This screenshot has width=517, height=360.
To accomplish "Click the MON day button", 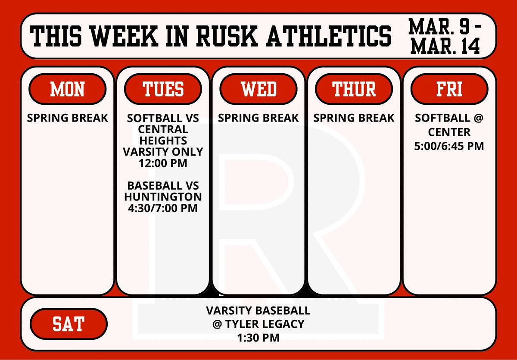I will [x=67, y=89].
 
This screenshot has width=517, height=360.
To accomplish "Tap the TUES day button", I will [x=163, y=89].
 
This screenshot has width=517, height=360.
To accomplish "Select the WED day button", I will [x=258, y=89].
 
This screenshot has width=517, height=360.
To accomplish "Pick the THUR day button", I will [x=354, y=89].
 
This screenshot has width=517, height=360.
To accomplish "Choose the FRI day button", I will [x=449, y=89].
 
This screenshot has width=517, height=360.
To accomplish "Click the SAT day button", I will [x=69, y=324].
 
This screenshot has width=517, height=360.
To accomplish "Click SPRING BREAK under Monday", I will [x=67, y=118].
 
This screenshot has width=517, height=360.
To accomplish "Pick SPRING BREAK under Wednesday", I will [x=258, y=118].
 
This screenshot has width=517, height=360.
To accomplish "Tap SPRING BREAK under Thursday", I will [x=354, y=118].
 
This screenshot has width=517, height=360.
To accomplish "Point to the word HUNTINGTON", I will [x=163, y=197].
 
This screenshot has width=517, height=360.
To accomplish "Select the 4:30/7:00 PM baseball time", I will [x=163, y=208].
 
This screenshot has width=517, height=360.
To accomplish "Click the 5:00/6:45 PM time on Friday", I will [x=449, y=147].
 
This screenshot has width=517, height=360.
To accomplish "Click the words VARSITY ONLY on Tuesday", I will [x=163, y=152].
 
